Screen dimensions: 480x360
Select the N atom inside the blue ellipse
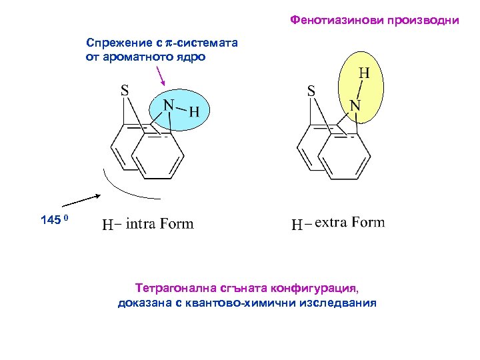pyautogui.click(x=169, y=106)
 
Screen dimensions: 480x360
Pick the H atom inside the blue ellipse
pyautogui.click(x=195, y=111)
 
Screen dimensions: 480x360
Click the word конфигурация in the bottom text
pyautogui.click(x=313, y=289)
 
